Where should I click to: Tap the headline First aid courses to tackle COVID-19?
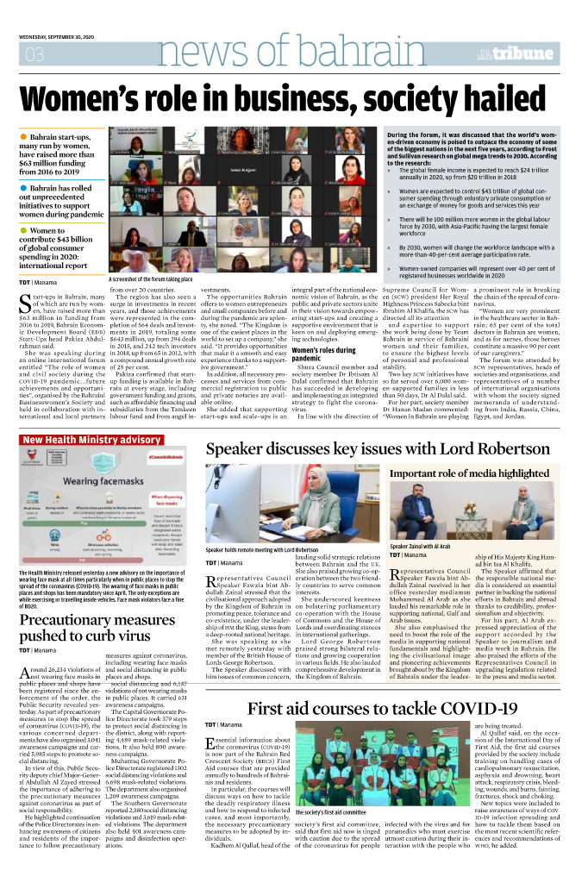(x=382, y=709)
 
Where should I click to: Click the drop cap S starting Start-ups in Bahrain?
(x=25, y=302)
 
